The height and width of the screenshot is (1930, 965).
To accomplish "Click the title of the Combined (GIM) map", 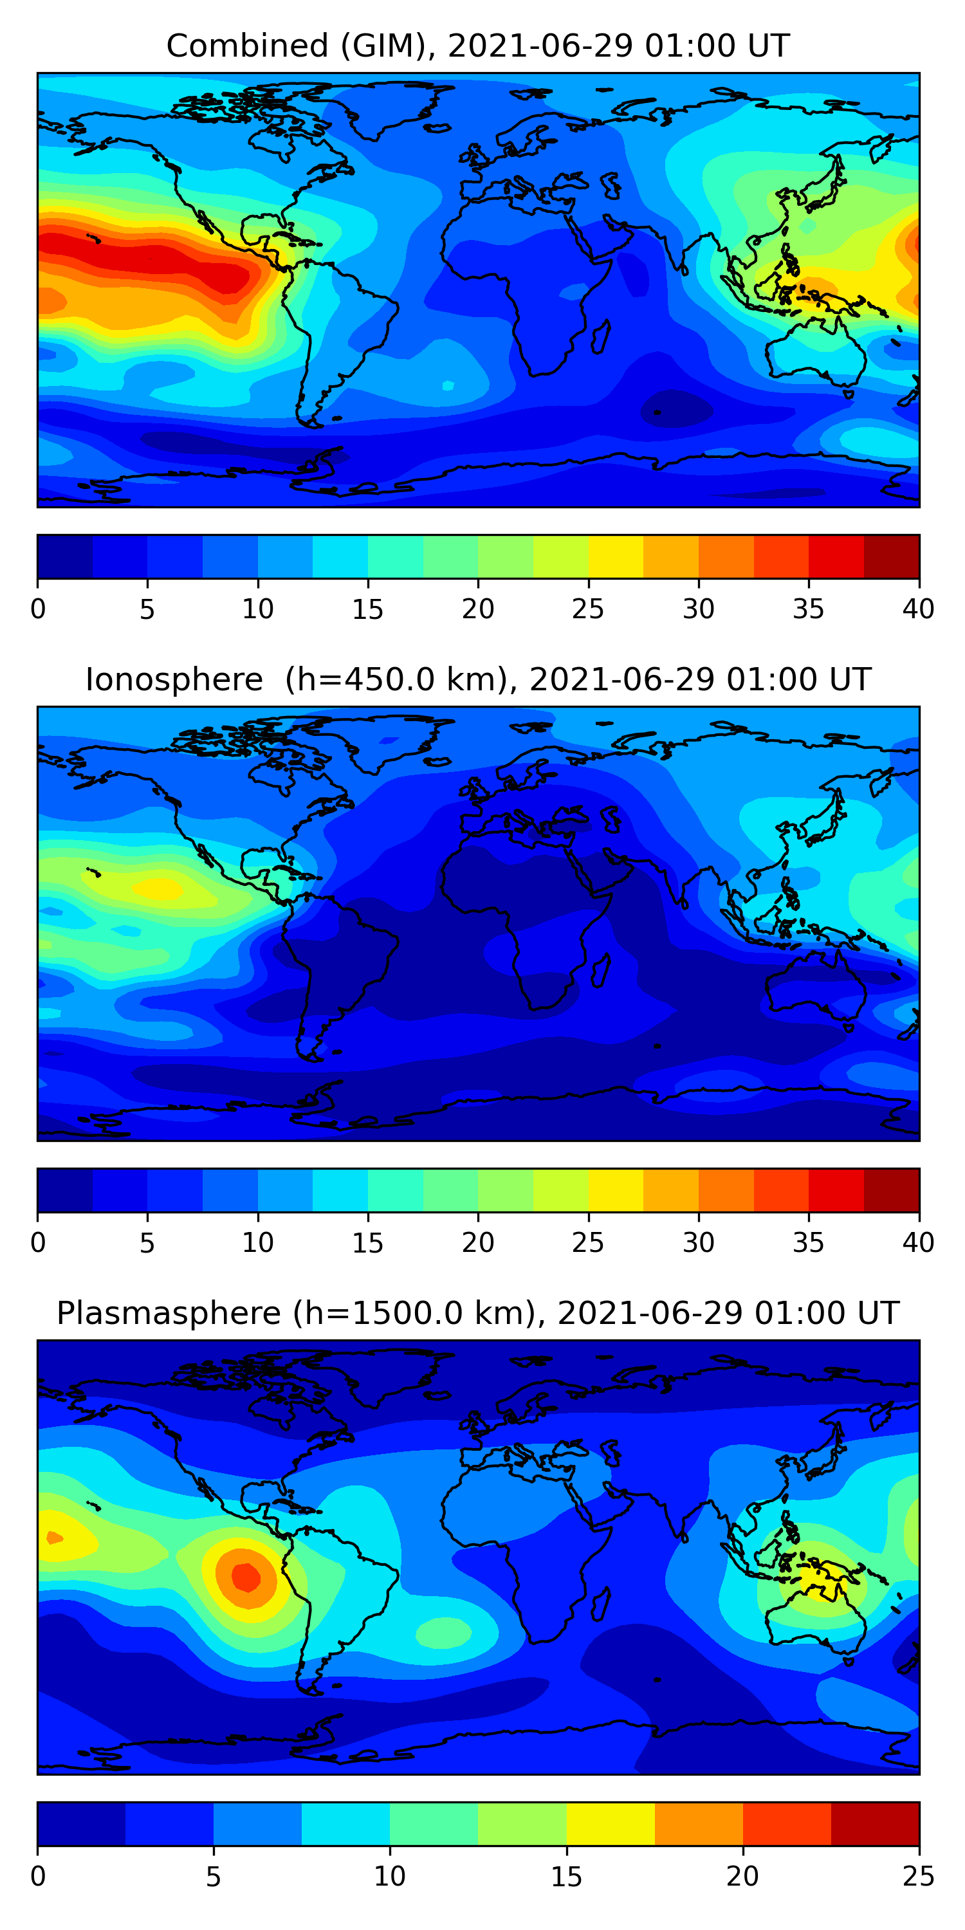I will pyautogui.click(x=478, y=46).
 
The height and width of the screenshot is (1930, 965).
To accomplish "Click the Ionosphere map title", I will pyautogui.click(x=478, y=679).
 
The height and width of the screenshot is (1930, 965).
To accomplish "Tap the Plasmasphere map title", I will pyautogui.click(x=478, y=1314).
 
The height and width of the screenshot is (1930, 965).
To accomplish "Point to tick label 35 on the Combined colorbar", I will pyautogui.click(x=809, y=609).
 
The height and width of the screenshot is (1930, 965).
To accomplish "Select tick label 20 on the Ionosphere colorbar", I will pyautogui.click(x=478, y=1243).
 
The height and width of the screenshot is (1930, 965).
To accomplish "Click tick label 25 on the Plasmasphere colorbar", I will pyautogui.click(x=919, y=1877).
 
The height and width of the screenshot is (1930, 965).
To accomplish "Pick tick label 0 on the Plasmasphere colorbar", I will pyautogui.click(x=38, y=1877).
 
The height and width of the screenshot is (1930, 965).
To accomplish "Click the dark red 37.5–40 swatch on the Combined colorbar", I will pyautogui.click(x=892, y=556).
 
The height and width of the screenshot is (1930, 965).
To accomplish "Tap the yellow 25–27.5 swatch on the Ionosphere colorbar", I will pyautogui.click(x=616, y=1191).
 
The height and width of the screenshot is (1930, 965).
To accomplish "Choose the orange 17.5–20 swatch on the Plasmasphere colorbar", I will pyautogui.click(x=699, y=1824).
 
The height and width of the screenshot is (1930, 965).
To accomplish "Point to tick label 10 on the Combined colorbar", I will pyautogui.click(x=258, y=609).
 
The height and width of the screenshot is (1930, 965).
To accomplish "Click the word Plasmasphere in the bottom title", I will pyautogui.click(x=169, y=1314).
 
